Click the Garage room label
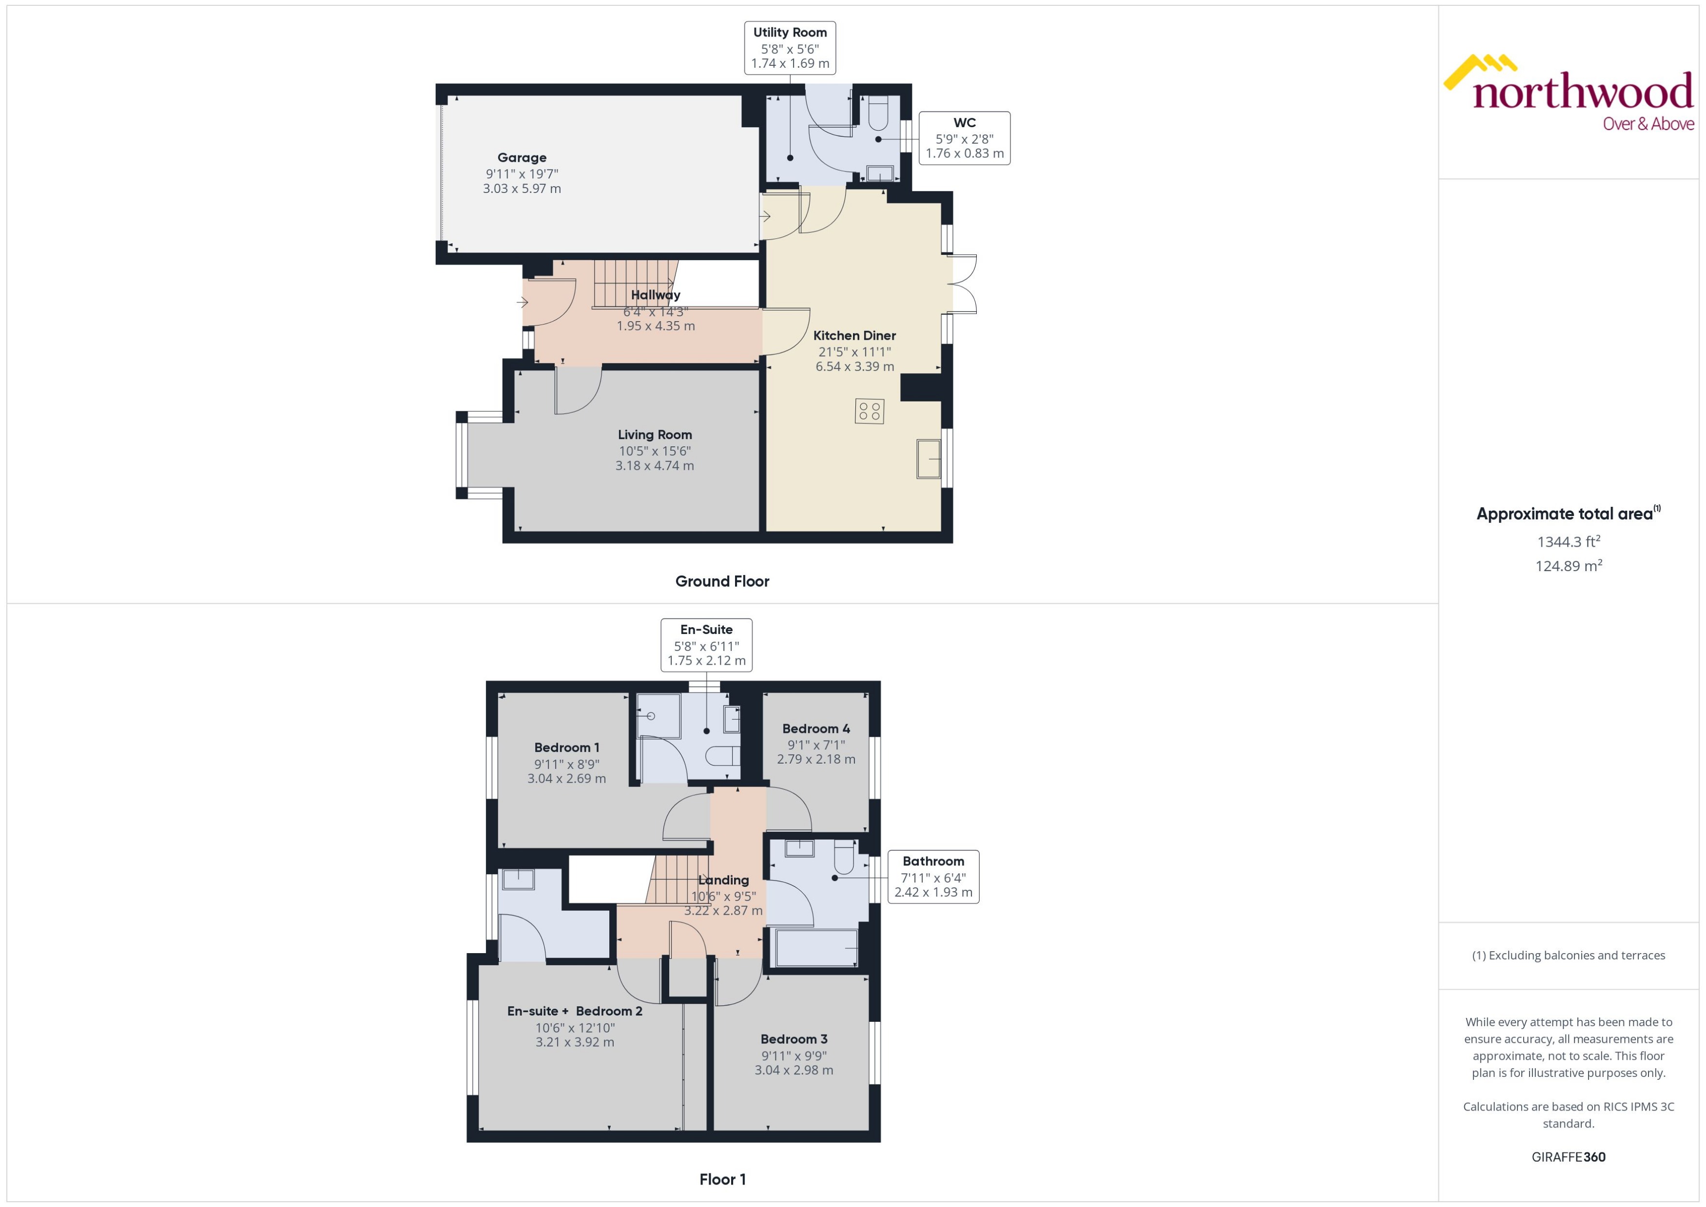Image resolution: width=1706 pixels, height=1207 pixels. (522, 157)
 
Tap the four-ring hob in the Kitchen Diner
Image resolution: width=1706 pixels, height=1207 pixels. (869, 411)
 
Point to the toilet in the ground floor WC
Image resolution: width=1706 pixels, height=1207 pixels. (877, 113)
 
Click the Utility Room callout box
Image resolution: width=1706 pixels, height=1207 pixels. (790, 48)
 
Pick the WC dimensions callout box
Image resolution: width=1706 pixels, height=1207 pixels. (964, 138)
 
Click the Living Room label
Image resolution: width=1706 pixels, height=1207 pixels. (654, 435)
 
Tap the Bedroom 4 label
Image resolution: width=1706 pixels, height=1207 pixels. (815, 728)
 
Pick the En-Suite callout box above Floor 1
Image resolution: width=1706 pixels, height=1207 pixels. (706, 644)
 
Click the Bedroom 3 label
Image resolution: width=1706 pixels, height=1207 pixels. (793, 1039)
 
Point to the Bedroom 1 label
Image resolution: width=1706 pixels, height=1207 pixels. (566, 747)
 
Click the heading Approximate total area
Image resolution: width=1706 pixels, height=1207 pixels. (1564, 514)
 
